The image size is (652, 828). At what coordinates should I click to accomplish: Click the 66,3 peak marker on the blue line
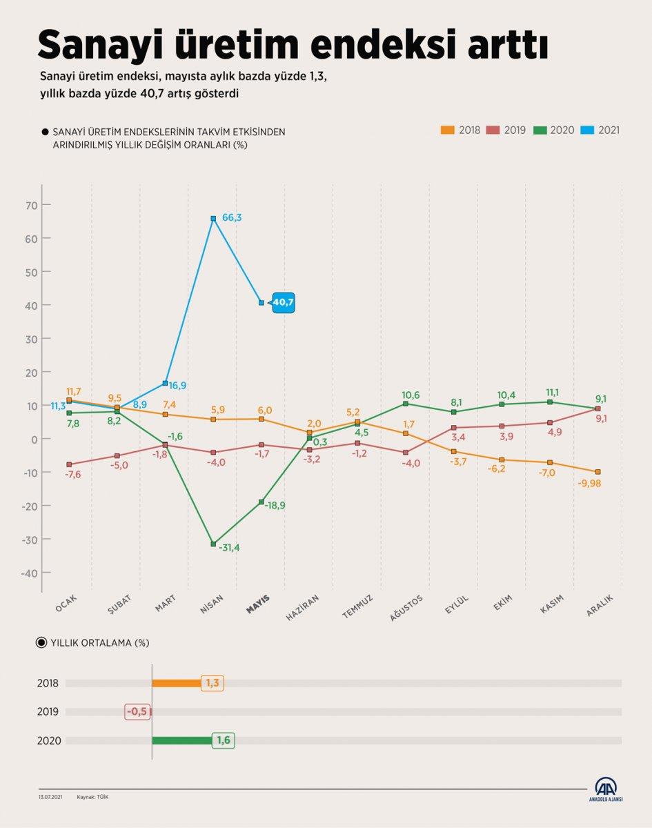click(213, 219)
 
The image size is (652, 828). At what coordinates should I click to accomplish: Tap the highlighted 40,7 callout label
click(283, 302)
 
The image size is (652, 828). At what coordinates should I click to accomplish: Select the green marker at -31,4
click(213, 544)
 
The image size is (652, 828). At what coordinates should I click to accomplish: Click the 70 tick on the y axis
click(31, 205)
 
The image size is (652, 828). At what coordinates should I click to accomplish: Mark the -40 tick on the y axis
click(29, 573)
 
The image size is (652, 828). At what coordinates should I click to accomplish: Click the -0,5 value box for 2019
click(137, 711)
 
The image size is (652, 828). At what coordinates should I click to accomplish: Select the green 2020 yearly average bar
click(181, 740)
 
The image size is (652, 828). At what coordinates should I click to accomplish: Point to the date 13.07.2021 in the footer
click(51, 797)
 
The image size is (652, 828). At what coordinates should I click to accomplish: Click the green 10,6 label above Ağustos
click(411, 395)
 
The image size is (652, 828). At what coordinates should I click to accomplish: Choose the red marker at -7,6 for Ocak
click(69, 464)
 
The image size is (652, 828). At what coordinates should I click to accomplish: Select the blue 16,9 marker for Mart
click(165, 383)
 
